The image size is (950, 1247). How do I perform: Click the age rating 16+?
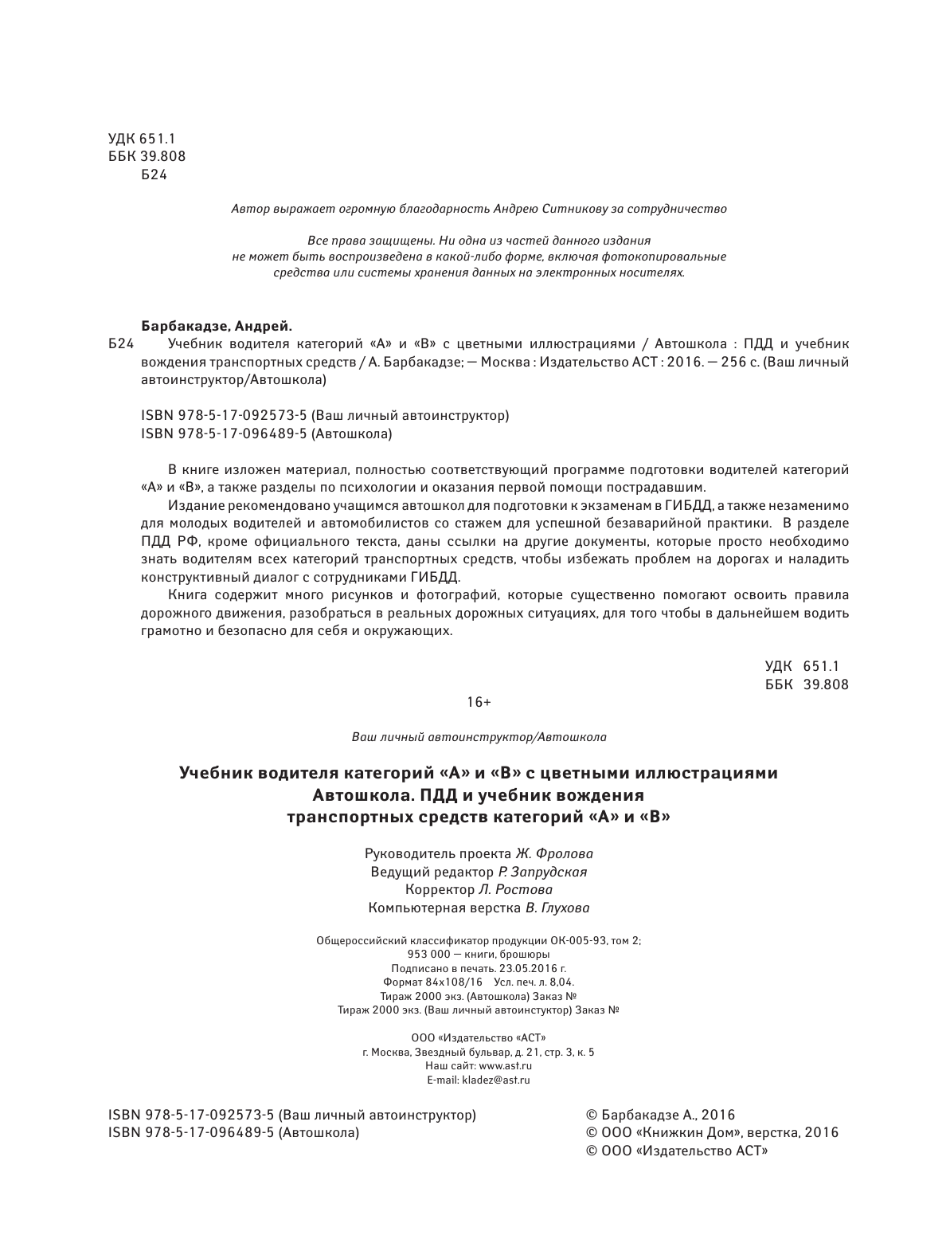click(479, 702)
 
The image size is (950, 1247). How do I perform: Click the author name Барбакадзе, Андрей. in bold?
click(217, 326)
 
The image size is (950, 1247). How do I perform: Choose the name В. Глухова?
click(557, 908)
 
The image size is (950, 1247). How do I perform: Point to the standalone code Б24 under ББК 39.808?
click(153, 175)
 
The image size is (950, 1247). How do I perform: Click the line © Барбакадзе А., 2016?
click(660, 1116)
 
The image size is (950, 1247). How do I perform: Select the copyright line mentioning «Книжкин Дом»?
click(712, 1133)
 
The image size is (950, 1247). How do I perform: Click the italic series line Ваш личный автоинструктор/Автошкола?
click(479, 737)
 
